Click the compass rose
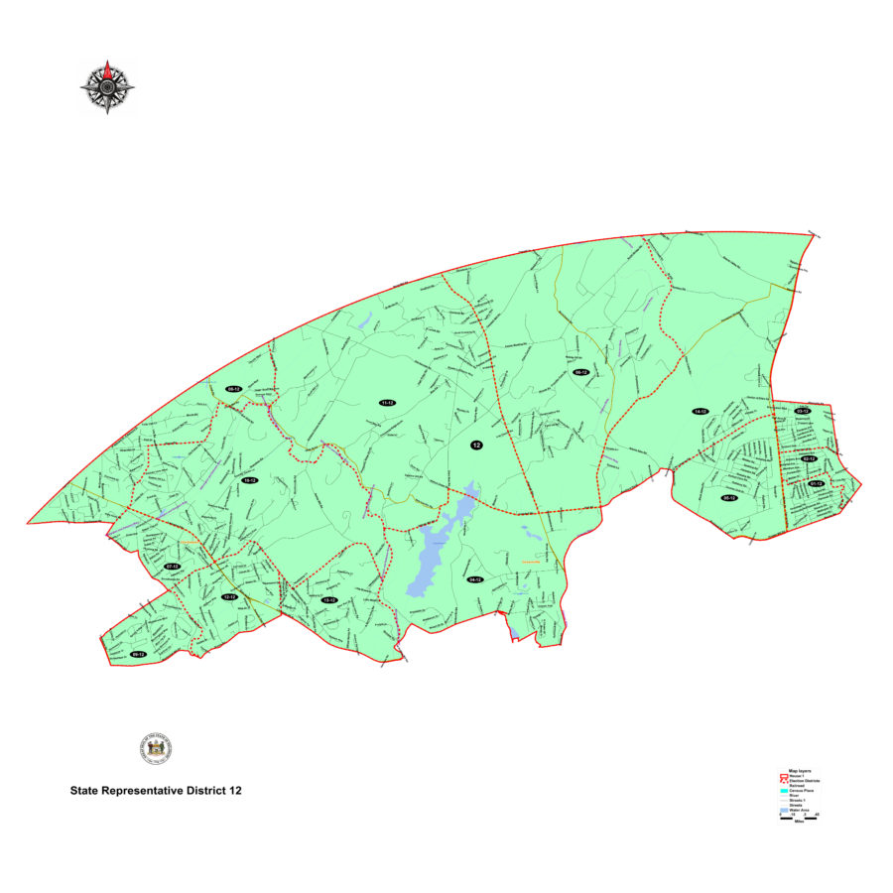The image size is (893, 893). pyautogui.click(x=107, y=86)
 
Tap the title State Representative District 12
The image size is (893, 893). pyautogui.click(x=156, y=792)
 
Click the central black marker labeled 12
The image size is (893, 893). pyautogui.click(x=476, y=446)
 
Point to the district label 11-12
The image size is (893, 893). pyautogui.click(x=387, y=403)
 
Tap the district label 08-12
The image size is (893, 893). pyautogui.click(x=233, y=389)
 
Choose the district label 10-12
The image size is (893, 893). pyautogui.click(x=250, y=480)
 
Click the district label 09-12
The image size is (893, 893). pyautogui.click(x=138, y=655)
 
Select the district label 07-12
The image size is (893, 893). pyautogui.click(x=172, y=567)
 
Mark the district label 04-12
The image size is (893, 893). pyautogui.click(x=474, y=579)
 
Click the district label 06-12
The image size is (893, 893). pyautogui.click(x=582, y=373)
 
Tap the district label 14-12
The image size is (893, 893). pyautogui.click(x=700, y=411)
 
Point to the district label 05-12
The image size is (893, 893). pyautogui.click(x=728, y=498)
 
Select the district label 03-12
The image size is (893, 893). pyautogui.click(x=802, y=411)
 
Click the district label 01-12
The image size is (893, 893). pyautogui.click(x=817, y=483)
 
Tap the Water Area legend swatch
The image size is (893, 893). pyautogui.click(x=783, y=810)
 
